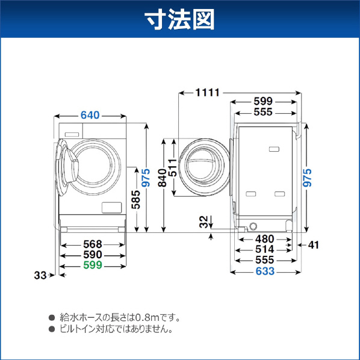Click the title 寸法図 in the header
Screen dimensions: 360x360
pyautogui.click(x=180, y=19)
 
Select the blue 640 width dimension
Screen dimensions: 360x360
pyautogui.click(x=90, y=115)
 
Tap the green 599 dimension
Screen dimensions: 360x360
pyautogui.click(x=93, y=265)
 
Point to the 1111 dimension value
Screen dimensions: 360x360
pyautogui.click(x=208, y=93)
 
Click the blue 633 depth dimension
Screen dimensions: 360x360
pyautogui.click(x=265, y=272)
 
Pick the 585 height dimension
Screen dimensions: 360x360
pyautogui.click(x=135, y=199)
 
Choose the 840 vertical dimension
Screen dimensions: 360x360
pyautogui.click(x=163, y=178)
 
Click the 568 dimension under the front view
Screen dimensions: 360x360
pyautogui.click(x=93, y=244)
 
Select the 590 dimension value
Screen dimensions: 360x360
pyautogui.click(x=93, y=255)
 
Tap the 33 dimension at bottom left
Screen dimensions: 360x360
pyautogui.click(x=40, y=275)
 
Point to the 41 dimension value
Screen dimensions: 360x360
pyautogui.click(x=314, y=245)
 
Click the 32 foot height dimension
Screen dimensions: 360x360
pyautogui.click(x=203, y=222)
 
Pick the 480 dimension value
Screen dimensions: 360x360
pyautogui.click(x=265, y=239)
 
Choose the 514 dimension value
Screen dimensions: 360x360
pyautogui.click(x=265, y=249)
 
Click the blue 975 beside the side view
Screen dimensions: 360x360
pyautogui.click(x=307, y=178)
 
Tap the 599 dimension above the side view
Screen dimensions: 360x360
pyautogui.click(x=263, y=101)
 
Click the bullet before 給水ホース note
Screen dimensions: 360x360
pyautogui.click(x=52, y=318)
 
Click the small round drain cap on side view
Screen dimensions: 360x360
pyautogui.click(x=253, y=226)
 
